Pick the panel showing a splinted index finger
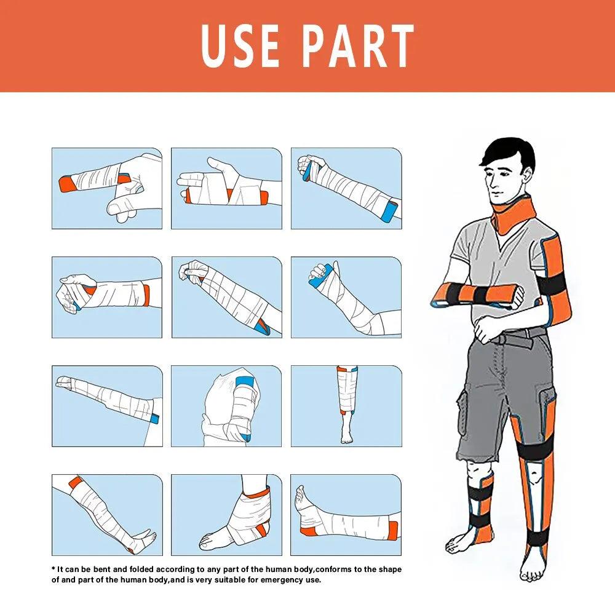coord(107,188)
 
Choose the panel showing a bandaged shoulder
coord(226,406)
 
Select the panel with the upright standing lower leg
coord(346,406)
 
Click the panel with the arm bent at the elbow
coord(346,297)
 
